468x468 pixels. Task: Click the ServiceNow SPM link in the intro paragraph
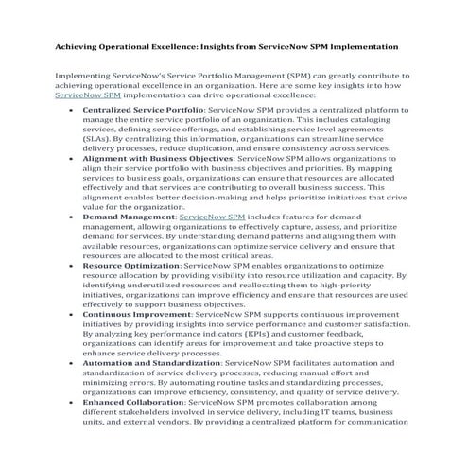click(87, 95)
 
